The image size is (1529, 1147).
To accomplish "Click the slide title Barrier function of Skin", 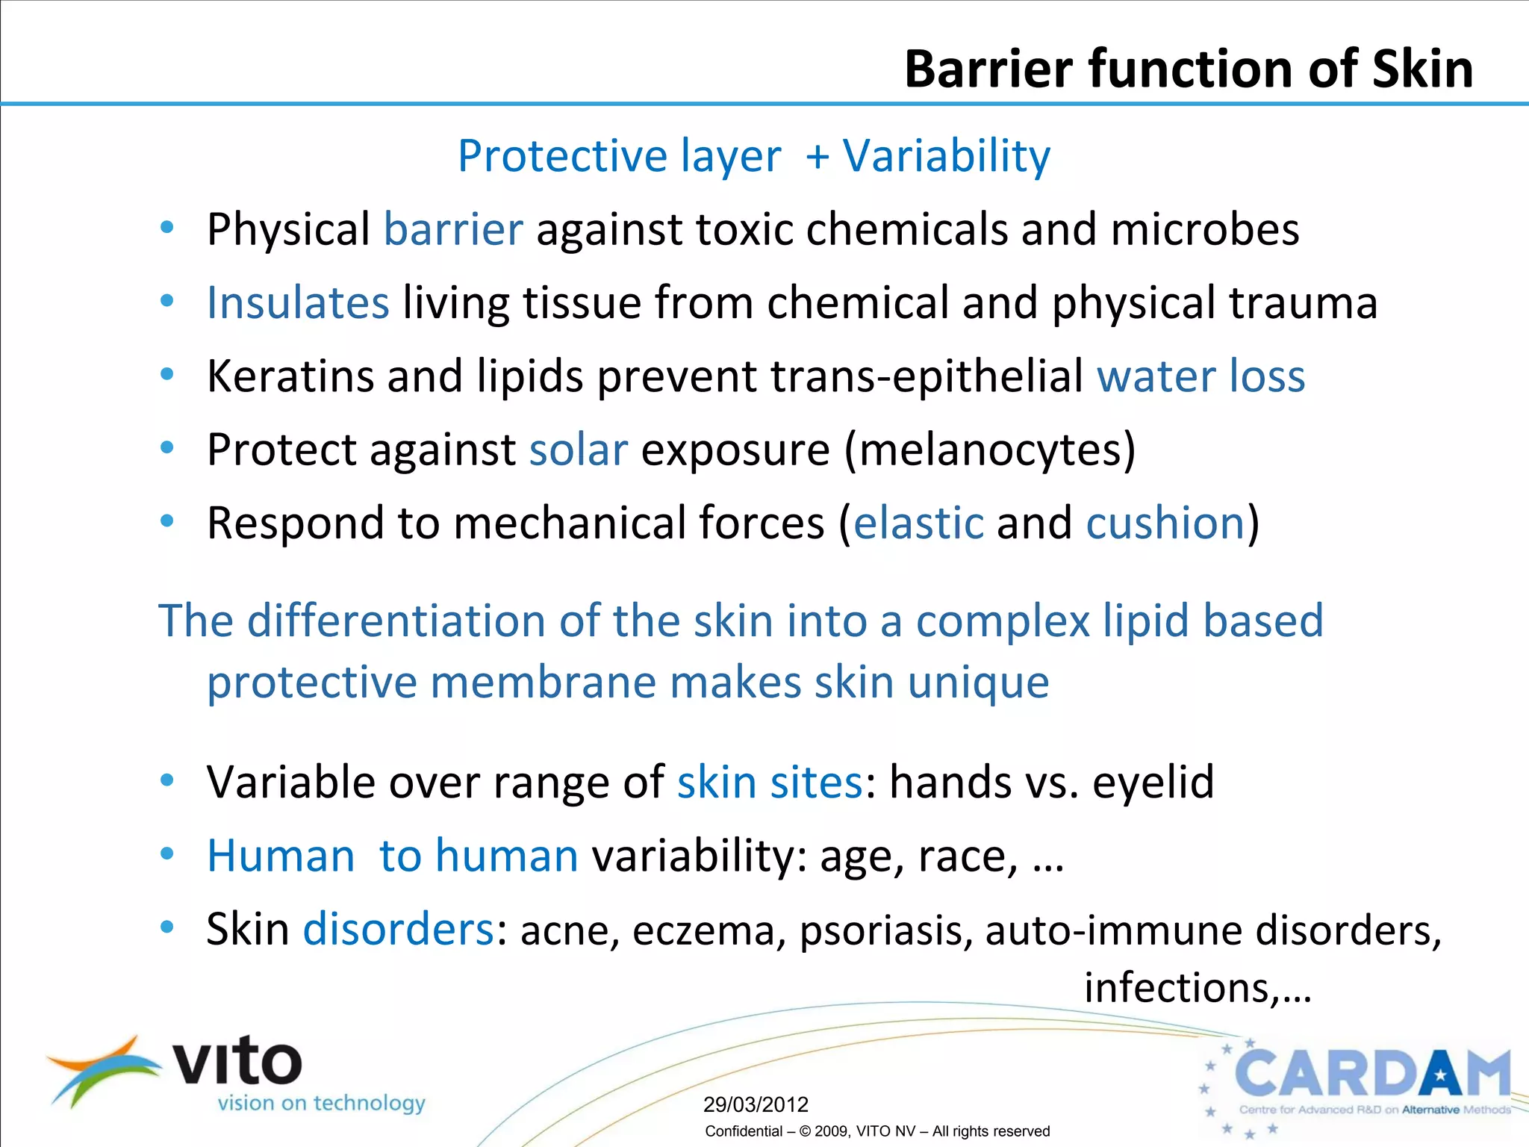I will point(1189,69).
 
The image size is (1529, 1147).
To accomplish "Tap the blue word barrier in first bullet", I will point(453,229).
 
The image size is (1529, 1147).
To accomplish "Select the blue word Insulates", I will point(298,303).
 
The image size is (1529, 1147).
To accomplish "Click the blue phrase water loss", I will point(1201,376).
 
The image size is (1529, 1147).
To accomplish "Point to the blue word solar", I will point(579,450).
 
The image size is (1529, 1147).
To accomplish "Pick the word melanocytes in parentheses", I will point(989,450).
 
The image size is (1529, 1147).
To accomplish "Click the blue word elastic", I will point(918,523).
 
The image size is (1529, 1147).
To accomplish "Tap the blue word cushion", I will point(1165,523).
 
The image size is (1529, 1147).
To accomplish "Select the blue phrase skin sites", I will point(770,783).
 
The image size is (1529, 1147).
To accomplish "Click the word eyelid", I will point(1153,783).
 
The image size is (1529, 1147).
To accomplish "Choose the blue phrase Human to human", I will point(393,856).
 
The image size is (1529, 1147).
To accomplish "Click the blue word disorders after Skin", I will point(398,930).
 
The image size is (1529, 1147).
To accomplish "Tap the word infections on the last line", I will point(1178,988).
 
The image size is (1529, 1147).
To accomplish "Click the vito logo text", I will point(237,1062).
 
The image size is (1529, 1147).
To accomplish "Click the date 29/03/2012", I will point(756,1104).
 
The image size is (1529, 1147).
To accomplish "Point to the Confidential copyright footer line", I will point(877,1131).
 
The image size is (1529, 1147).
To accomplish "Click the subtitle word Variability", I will point(946,156).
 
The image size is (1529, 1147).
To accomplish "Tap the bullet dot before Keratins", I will point(167,374).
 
